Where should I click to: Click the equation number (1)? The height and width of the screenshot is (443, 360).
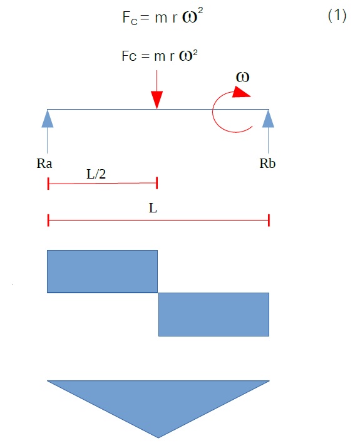click(x=337, y=15)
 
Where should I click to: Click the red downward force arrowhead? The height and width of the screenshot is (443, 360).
click(x=157, y=100)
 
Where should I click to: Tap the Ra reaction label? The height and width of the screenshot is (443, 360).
click(x=44, y=164)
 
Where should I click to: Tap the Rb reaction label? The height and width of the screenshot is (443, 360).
click(x=267, y=164)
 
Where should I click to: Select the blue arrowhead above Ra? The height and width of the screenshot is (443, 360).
click(x=48, y=118)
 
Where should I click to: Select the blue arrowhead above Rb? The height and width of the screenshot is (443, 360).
click(x=268, y=118)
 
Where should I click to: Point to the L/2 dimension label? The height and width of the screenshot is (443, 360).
click(x=96, y=174)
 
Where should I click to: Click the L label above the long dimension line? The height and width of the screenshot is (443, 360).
click(x=153, y=209)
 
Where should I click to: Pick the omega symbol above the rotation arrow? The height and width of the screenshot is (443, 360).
click(x=242, y=77)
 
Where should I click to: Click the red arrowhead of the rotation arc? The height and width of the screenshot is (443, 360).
click(x=241, y=92)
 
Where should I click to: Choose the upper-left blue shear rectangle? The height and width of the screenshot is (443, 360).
click(x=102, y=271)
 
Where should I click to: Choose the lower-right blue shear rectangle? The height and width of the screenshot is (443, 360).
click(x=213, y=315)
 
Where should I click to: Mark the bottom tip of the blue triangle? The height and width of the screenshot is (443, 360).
click(x=158, y=438)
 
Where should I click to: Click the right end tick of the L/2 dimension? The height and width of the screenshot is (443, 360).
click(x=157, y=183)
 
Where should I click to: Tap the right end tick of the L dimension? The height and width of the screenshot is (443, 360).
click(x=269, y=220)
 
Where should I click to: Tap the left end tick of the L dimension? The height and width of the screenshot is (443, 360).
click(x=48, y=220)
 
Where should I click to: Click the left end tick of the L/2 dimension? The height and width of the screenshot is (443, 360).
click(x=48, y=184)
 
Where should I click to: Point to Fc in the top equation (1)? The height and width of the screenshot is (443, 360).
click(x=130, y=18)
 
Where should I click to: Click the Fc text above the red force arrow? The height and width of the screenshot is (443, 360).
click(x=129, y=56)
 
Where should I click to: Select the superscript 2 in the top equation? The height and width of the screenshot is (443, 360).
click(x=200, y=11)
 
